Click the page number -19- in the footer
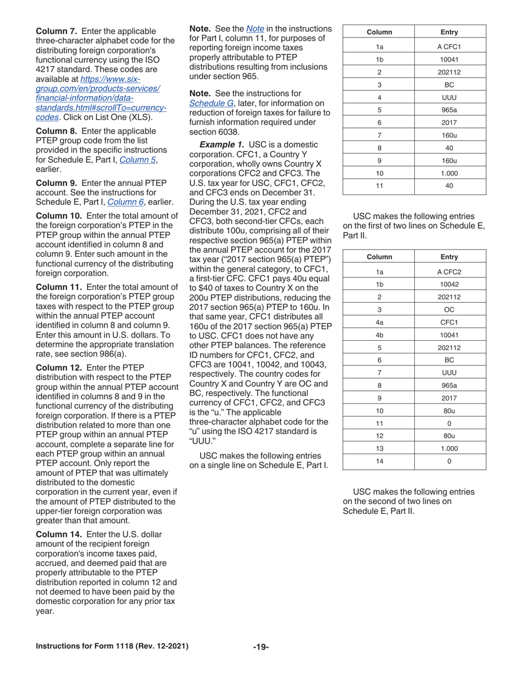coord(260,647)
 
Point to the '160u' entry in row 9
coord(449,160)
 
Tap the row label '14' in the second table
coord(379,461)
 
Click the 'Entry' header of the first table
coord(449,32)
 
